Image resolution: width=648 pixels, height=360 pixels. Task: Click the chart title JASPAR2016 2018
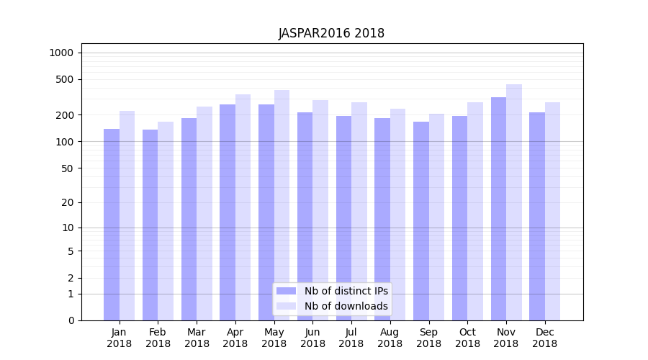click(x=331, y=33)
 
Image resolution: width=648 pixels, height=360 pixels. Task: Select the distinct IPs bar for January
click(x=112, y=223)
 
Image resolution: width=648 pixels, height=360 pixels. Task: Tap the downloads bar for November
click(x=514, y=202)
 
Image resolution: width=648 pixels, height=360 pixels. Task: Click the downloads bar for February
click(x=166, y=220)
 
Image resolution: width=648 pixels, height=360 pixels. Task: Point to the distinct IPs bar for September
click(x=421, y=220)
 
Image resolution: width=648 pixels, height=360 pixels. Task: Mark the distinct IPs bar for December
click(x=537, y=216)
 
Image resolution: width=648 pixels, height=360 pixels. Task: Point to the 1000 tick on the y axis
click(x=61, y=53)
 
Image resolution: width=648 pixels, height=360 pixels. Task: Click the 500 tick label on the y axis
click(x=65, y=79)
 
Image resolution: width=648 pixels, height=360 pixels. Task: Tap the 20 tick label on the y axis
click(x=68, y=202)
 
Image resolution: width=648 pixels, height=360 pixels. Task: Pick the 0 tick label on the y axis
click(x=71, y=320)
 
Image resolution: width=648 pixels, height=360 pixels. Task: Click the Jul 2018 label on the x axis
click(x=351, y=338)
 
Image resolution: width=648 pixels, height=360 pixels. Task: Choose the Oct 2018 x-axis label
click(x=467, y=338)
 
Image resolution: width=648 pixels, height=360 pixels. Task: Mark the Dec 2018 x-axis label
click(x=545, y=338)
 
